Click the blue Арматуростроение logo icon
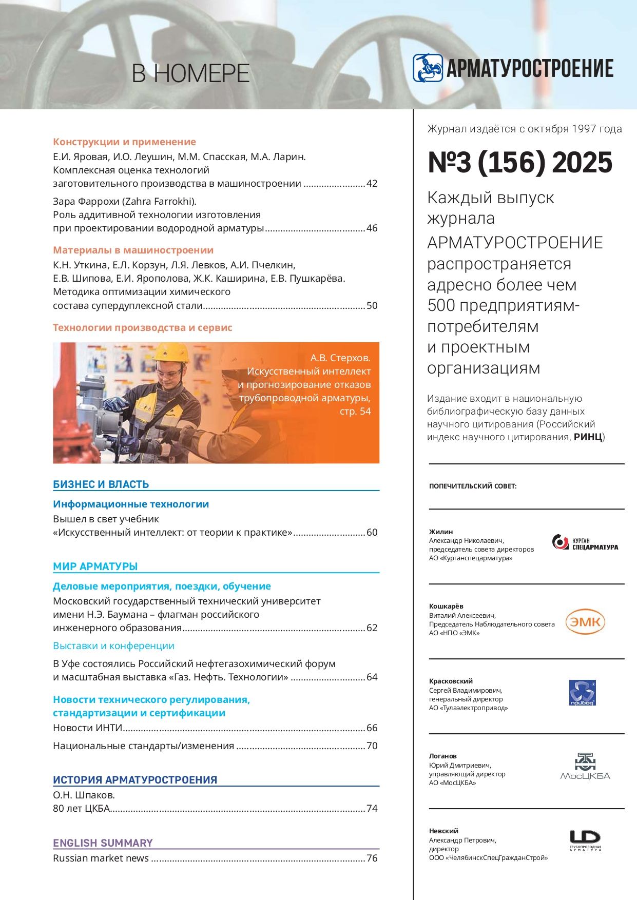pyautogui.click(x=428, y=68)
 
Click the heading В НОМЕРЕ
pyautogui.click(x=190, y=74)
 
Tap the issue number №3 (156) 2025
pyautogui.click(x=520, y=163)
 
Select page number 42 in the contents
pyautogui.click(x=372, y=184)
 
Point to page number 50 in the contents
pyautogui.click(x=372, y=306)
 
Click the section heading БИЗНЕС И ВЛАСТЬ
pyautogui.click(x=101, y=484)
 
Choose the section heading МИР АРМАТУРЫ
pyautogui.click(x=95, y=566)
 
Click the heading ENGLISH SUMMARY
pyautogui.click(x=103, y=843)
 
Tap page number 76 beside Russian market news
pyautogui.click(x=372, y=858)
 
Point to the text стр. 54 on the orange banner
pyautogui.click(x=355, y=412)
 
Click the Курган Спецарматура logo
pyautogui.click(x=585, y=543)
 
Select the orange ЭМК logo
pyautogui.click(x=585, y=622)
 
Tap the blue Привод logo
pyautogui.click(x=583, y=693)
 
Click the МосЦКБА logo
pyautogui.click(x=585, y=767)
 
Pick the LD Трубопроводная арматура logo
pyautogui.click(x=585, y=840)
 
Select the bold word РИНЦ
pyautogui.click(x=588, y=437)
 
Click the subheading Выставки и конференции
pyautogui.click(x=113, y=646)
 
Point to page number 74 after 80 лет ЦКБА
pyautogui.click(x=372, y=809)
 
